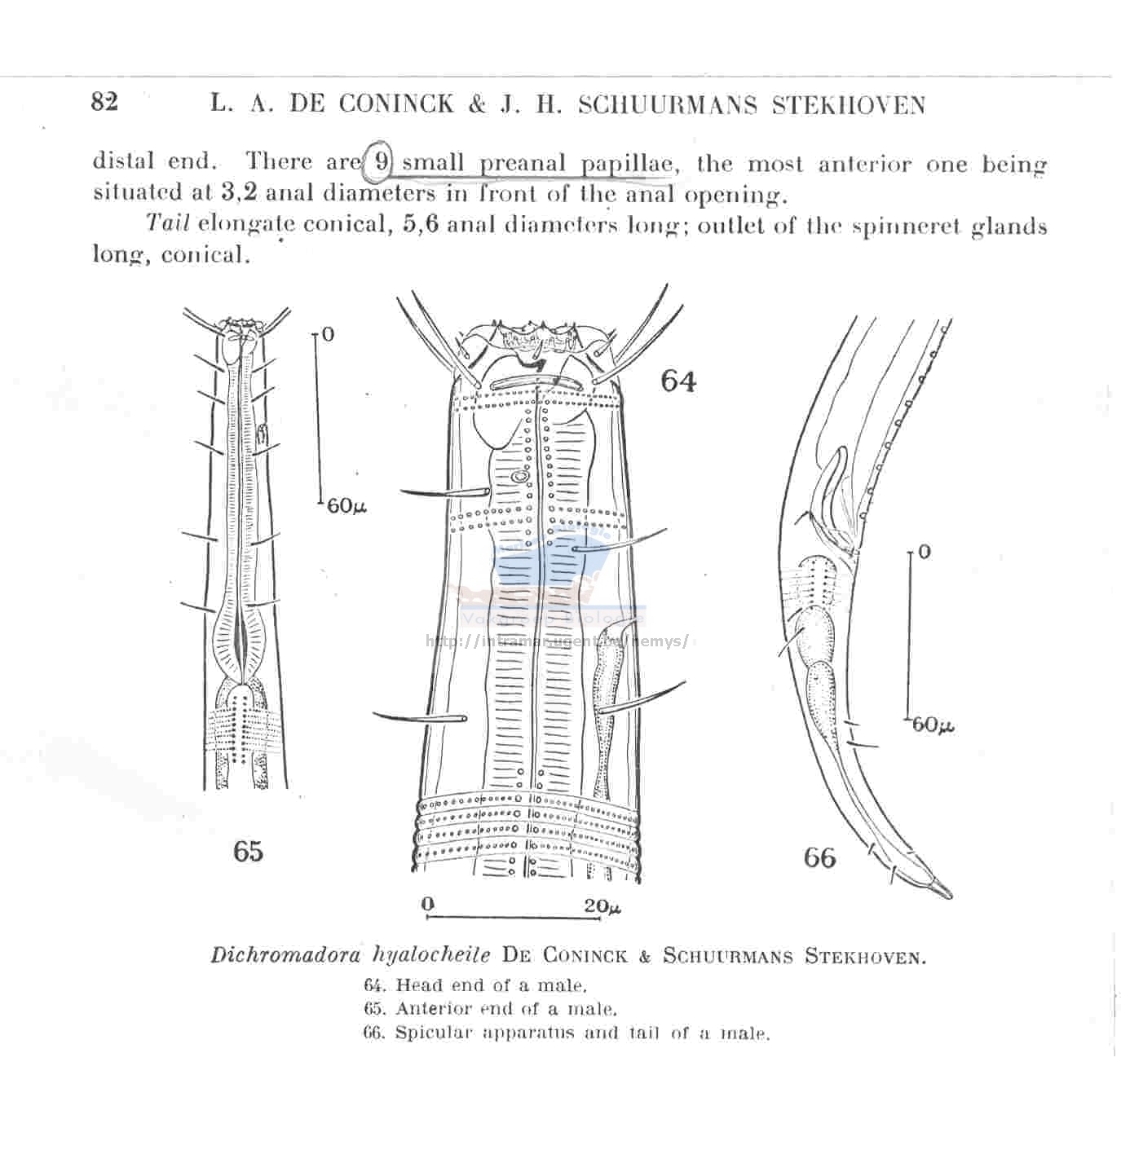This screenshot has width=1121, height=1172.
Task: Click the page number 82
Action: pyautogui.click(x=105, y=103)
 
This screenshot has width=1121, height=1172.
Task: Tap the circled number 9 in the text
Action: pyautogui.click(x=381, y=162)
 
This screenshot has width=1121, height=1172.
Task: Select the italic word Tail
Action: pyautogui.click(x=168, y=223)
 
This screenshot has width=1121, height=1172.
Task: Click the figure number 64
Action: pyautogui.click(x=679, y=381)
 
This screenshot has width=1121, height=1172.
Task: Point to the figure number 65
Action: pyautogui.click(x=248, y=851)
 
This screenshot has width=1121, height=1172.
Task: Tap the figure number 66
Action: pyautogui.click(x=820, y=857)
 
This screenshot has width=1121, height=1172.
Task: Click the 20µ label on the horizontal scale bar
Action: pyautogui.click(x=602, y=905)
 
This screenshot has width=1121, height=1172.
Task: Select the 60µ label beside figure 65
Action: pyautogui.click(x=346, y=506)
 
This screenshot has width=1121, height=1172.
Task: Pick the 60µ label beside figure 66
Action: pyautogui.click(x=933, y=725)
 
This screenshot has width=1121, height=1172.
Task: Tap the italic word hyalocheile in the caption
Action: pyautogui.click(x=431, y=956)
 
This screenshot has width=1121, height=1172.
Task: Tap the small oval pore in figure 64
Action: pyautogui.click(x=519, y=478)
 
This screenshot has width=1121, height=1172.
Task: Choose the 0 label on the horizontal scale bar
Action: pyautogui.click(x=428, y=904)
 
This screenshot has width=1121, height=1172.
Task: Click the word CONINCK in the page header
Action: pyautogui.click(x=395, y=104)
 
